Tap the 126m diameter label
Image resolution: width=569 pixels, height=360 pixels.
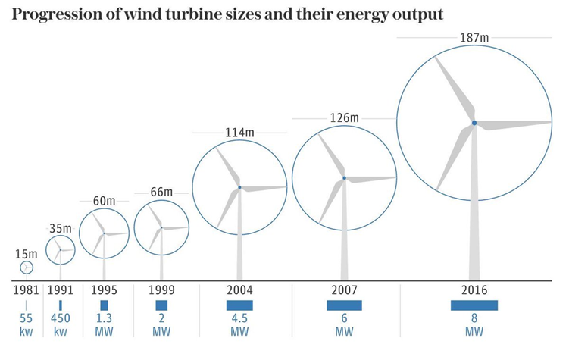[344, 118]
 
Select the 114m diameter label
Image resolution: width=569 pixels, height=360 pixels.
[239, 133]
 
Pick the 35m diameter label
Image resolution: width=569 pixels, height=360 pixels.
[61, 228]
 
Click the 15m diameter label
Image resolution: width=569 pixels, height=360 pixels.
[26, 253]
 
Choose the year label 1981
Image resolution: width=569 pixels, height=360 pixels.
[26, 290]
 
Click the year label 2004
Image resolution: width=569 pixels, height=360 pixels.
[239, 290]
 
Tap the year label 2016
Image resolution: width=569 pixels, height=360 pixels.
[474, 290]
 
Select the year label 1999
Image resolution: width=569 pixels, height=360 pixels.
[161, 290]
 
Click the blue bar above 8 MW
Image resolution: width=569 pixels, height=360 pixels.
[474, 305]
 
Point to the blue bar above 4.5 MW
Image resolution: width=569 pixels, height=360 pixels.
[239, 305]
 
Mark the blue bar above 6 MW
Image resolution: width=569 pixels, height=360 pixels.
[344, 305]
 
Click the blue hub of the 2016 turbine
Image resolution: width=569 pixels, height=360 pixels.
[474, 123]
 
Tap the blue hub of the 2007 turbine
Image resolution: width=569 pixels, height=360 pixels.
[344, 178]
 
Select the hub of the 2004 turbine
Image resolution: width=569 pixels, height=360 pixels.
[239, 187]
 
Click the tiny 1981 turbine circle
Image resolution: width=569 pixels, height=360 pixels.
[26, 268]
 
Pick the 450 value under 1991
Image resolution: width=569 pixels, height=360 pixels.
[61, 319]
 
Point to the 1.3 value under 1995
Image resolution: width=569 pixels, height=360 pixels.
[104, 319]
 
